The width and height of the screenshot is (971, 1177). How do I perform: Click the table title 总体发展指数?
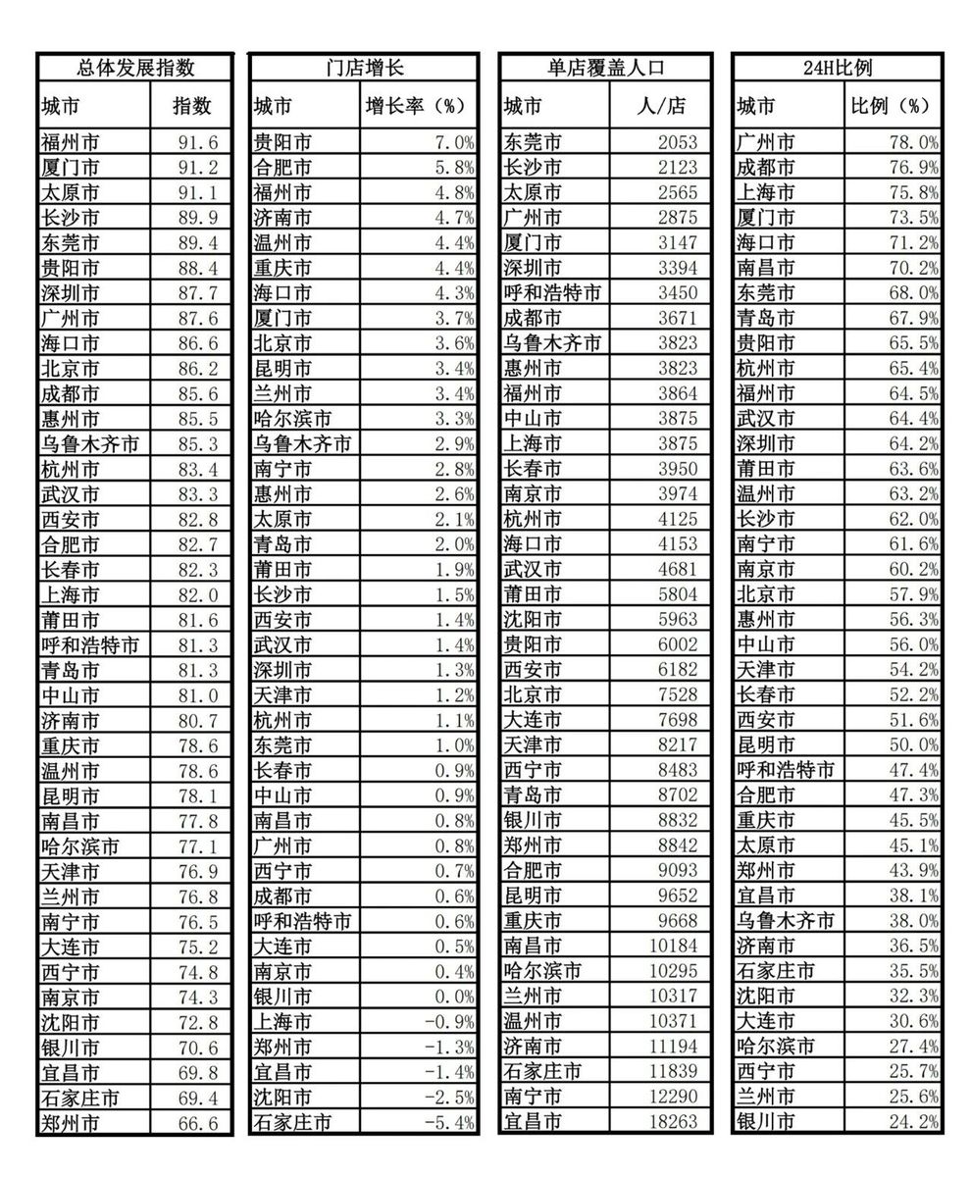coord(135,68)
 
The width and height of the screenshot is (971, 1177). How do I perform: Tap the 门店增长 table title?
coord(364,68)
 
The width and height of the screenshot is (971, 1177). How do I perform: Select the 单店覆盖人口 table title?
coord(605,68)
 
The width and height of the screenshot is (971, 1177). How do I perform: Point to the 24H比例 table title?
coord(837,68)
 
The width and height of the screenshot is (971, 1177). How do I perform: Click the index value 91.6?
coord(197,142)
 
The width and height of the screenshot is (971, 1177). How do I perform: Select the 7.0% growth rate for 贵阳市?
coord(454,142)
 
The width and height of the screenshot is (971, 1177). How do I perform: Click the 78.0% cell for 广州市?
coord(913,142)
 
